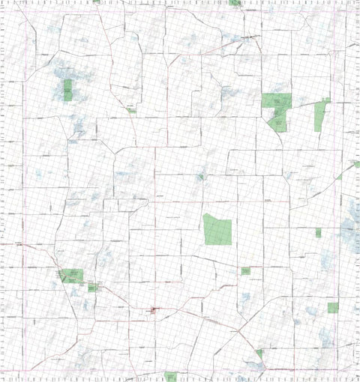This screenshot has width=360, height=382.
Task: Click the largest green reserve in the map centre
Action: point(218,229)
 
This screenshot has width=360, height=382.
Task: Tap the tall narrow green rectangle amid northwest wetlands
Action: point(67,90)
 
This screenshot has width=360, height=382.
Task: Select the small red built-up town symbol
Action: point(154,309)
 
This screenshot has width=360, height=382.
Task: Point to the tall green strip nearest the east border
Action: point(321,115)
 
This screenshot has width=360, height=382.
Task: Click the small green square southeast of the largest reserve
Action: point(245,270)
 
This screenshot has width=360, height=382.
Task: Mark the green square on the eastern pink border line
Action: point(333,307)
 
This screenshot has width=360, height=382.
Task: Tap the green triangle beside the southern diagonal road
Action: point(259,353)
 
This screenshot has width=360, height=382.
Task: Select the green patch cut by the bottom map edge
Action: point(170,376)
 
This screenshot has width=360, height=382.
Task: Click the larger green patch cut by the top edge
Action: point(235,3)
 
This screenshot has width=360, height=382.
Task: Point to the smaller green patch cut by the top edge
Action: point(96,1)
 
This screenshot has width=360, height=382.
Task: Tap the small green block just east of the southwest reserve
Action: point(92,287)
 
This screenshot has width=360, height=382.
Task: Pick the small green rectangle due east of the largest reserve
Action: point(318,233)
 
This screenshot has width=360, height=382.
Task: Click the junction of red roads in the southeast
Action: point(238,330)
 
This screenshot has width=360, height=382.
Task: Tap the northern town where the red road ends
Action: point(253,36)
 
